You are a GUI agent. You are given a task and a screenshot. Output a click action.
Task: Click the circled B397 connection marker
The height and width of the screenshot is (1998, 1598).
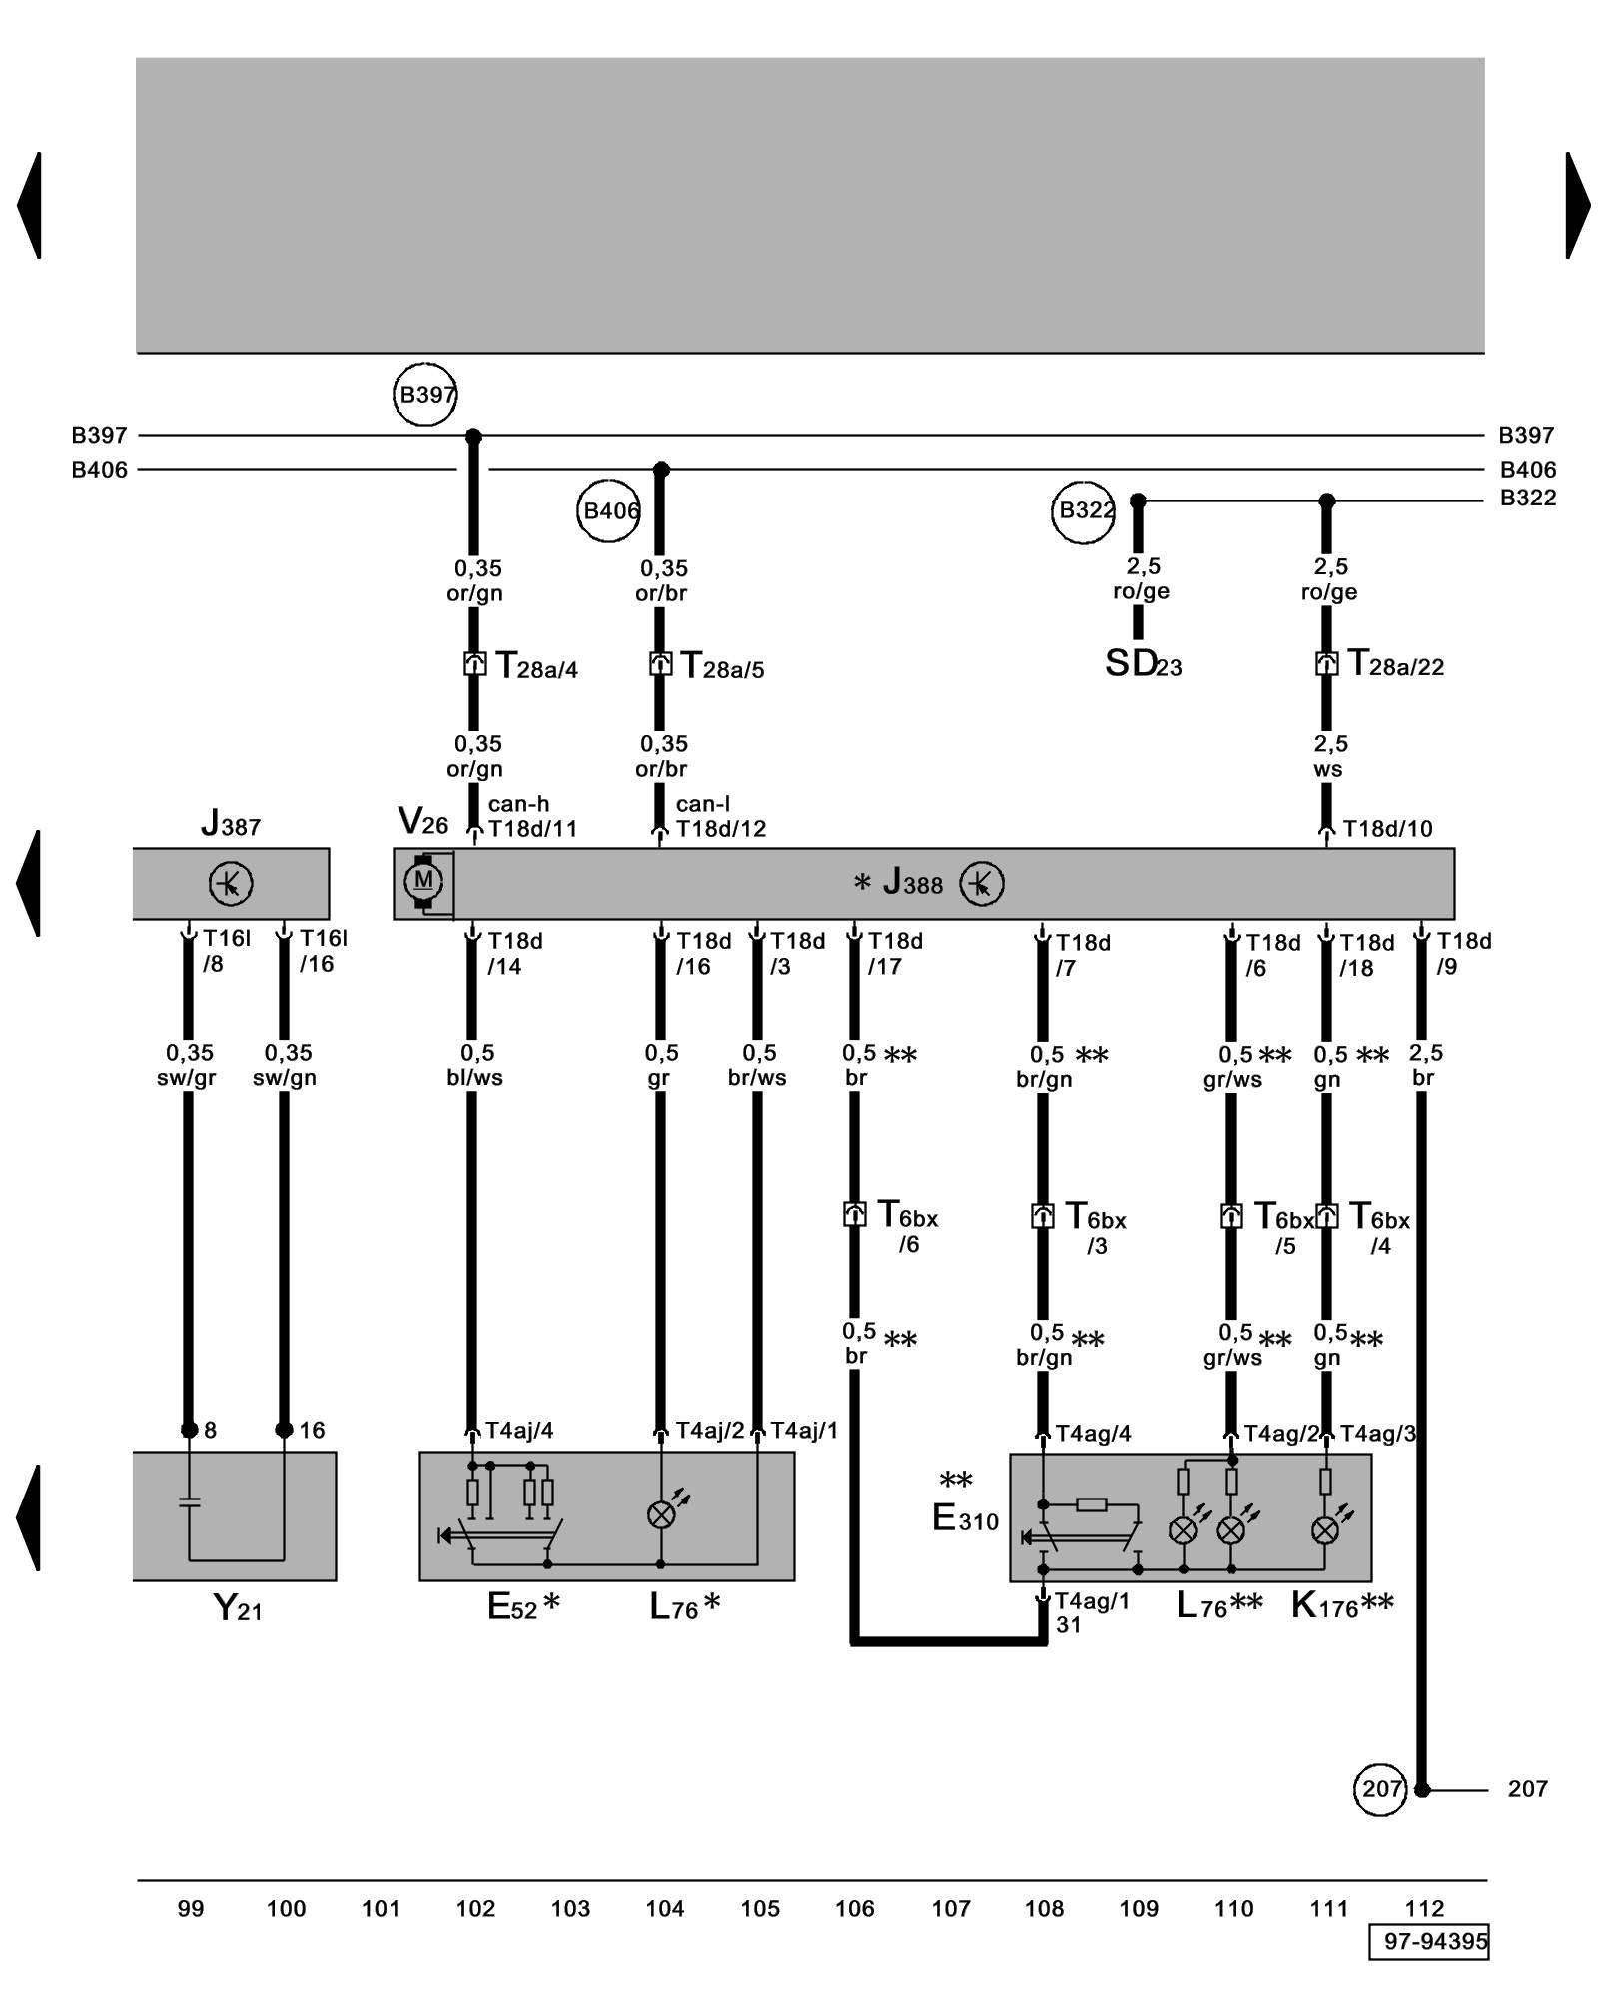(425, 395)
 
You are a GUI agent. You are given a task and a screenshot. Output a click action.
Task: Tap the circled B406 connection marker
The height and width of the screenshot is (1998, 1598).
(608, 511)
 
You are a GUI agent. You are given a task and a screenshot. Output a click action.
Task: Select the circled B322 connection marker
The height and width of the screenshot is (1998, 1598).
(1084, 511)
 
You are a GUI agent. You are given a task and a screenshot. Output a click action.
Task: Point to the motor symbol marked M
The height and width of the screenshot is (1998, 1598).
(423, 881)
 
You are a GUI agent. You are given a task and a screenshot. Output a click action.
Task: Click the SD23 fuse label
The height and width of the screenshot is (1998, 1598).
(1143, 664)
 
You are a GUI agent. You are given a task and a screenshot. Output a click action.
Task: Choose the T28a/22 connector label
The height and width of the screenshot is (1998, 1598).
(1395, 664)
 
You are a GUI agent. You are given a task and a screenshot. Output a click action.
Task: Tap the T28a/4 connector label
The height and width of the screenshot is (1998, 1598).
(537, 666)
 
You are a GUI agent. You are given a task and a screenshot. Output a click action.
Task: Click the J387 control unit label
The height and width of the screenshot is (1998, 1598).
(231, 824)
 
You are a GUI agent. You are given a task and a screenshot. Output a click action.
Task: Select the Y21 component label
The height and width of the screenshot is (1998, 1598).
(238, 1608)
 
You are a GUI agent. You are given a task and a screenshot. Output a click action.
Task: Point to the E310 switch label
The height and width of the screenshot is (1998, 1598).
(965, 1519)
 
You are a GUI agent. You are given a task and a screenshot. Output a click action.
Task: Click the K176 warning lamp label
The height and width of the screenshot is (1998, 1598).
(1341, 1605)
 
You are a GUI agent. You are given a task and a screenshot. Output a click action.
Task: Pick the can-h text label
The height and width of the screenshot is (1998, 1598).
(518, 804)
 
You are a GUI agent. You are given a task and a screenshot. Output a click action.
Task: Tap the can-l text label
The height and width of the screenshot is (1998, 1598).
(703, 804)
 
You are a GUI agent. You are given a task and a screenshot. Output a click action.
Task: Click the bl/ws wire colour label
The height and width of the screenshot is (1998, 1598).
(475, 1078)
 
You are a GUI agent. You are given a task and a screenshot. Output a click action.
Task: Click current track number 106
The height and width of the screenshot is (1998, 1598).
(855, 1909)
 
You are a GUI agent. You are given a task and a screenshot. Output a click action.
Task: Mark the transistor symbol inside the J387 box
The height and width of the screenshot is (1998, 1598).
(231, 884)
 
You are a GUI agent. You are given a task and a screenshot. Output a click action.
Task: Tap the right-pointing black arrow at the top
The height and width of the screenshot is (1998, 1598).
(1577, 205)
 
